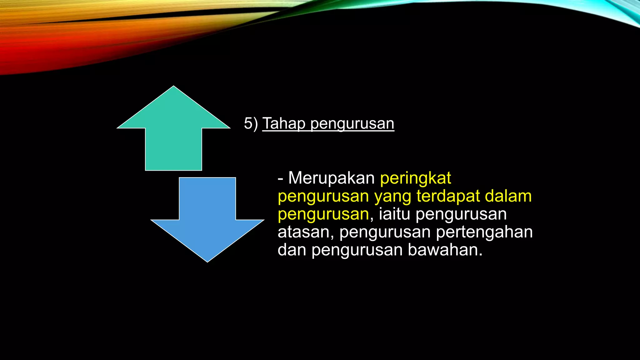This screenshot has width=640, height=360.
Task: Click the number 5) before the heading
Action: coord(251,123)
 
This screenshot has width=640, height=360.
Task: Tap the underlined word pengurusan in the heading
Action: coord(352,124)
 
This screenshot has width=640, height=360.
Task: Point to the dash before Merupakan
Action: coord(280,179)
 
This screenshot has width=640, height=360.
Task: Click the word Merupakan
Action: coord(331,178)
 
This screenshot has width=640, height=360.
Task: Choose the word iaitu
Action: coord(394,214)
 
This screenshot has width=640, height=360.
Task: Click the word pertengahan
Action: coord(484,232)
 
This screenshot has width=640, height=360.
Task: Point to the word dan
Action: coord(292,250)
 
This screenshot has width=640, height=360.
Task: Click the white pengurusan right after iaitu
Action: coord(461,215)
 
